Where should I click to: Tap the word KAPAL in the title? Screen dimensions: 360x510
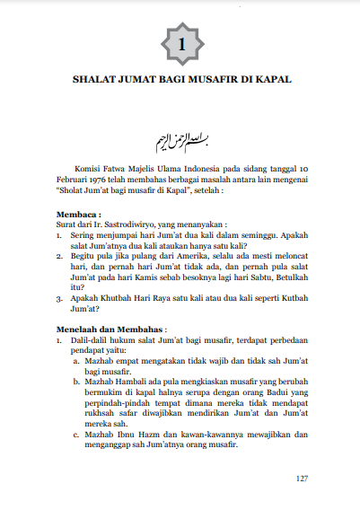(x=275, y=79)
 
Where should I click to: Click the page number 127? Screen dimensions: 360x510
(x=303, y=478)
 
